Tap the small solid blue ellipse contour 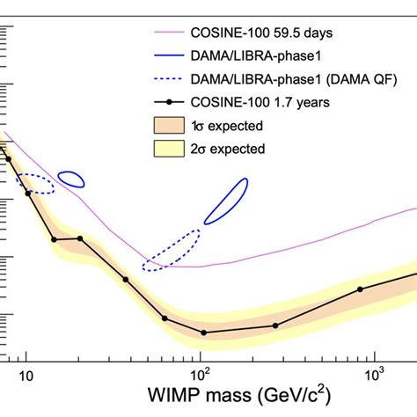click(x=71, y=179)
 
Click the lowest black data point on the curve click(x=204, y=333)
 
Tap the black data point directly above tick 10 click(x=28, y=194)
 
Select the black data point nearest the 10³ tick click(x=360, y=289)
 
